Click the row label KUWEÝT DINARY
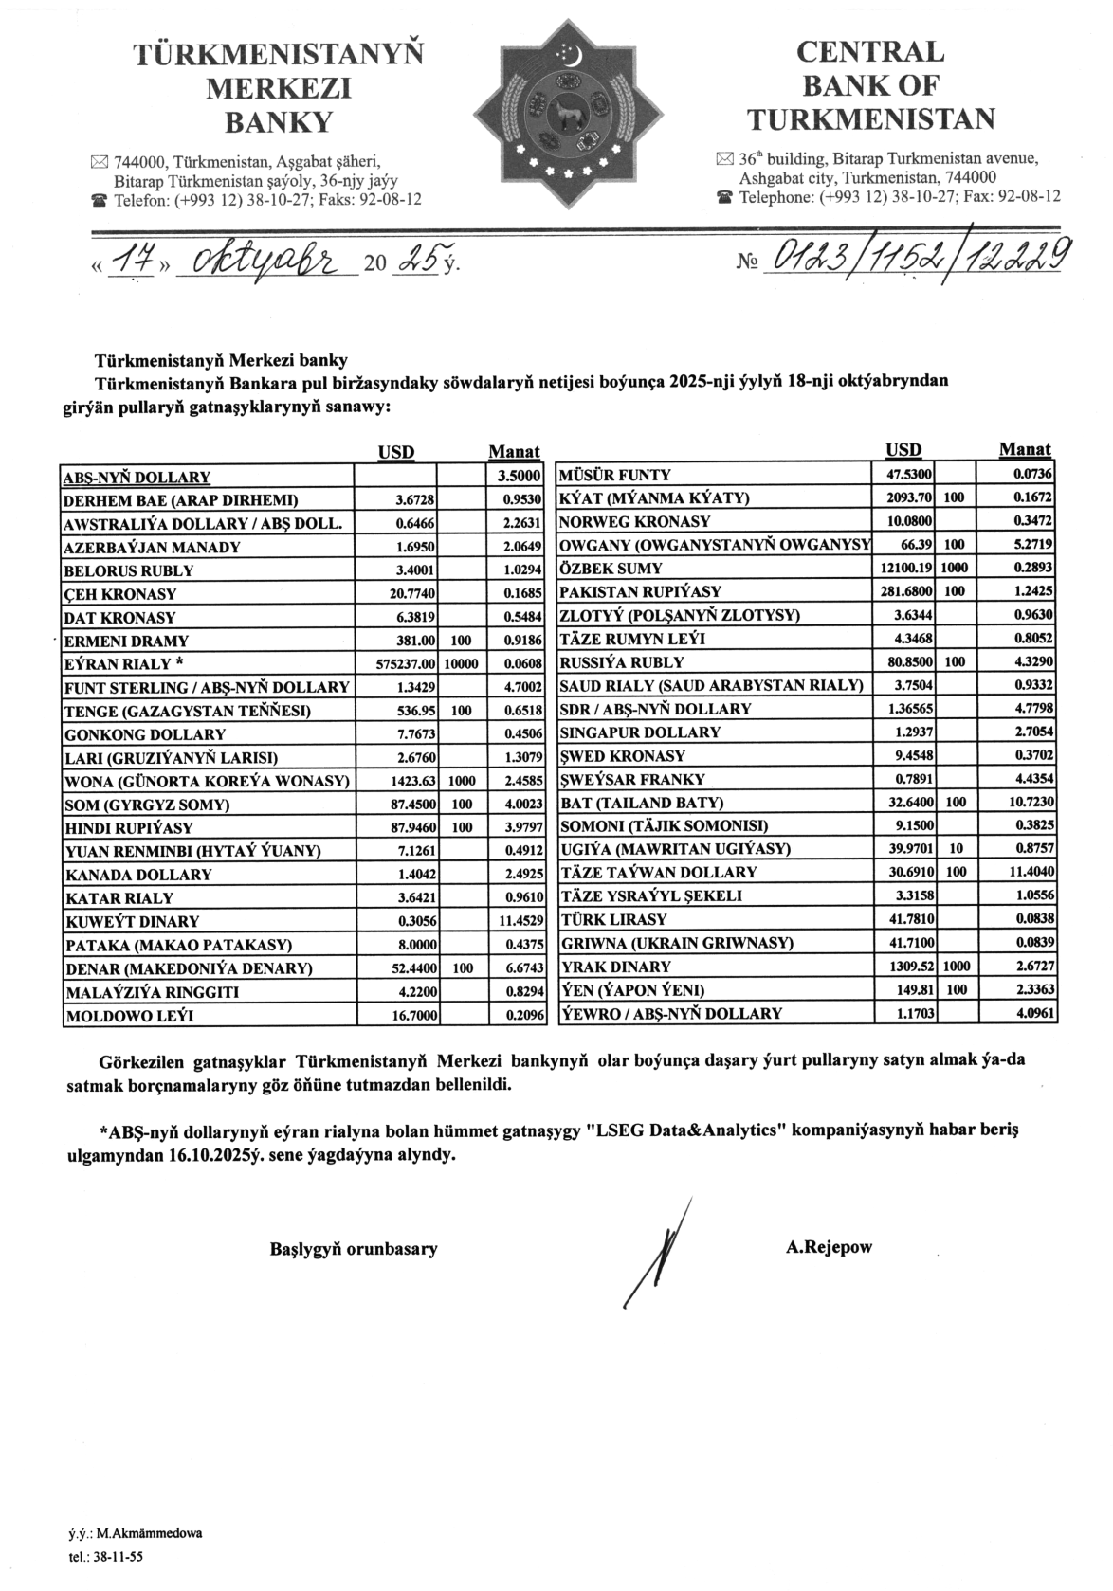pyautogui.click(x=132, y=921)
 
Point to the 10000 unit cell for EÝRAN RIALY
pyautogui.click(x=463, y=664)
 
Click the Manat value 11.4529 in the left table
pyautogui.click(x=519, y=920)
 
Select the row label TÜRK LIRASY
pyautogui.click(x=614, y=919)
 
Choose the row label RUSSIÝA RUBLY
pyautogui.click(x=622, y=662)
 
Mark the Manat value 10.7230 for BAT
pyautogui.click(x=1032, y=802)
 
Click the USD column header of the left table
pyautogui.click(x=395, y=452)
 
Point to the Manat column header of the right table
pyautogui.click(x=1025, y=449)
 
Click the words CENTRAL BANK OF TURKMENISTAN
pyautogui.click(x=870, y=85)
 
